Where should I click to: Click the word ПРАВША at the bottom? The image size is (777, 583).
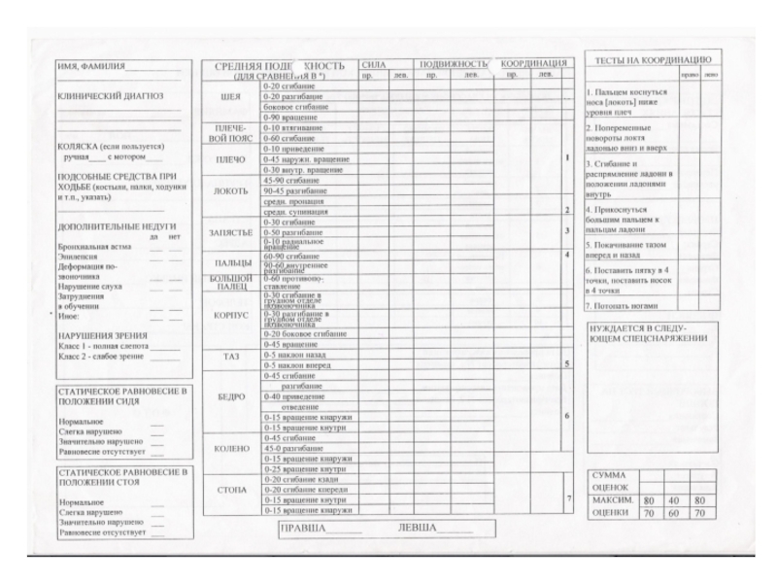point(303,529)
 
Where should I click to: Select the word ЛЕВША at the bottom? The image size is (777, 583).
point(418,529)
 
